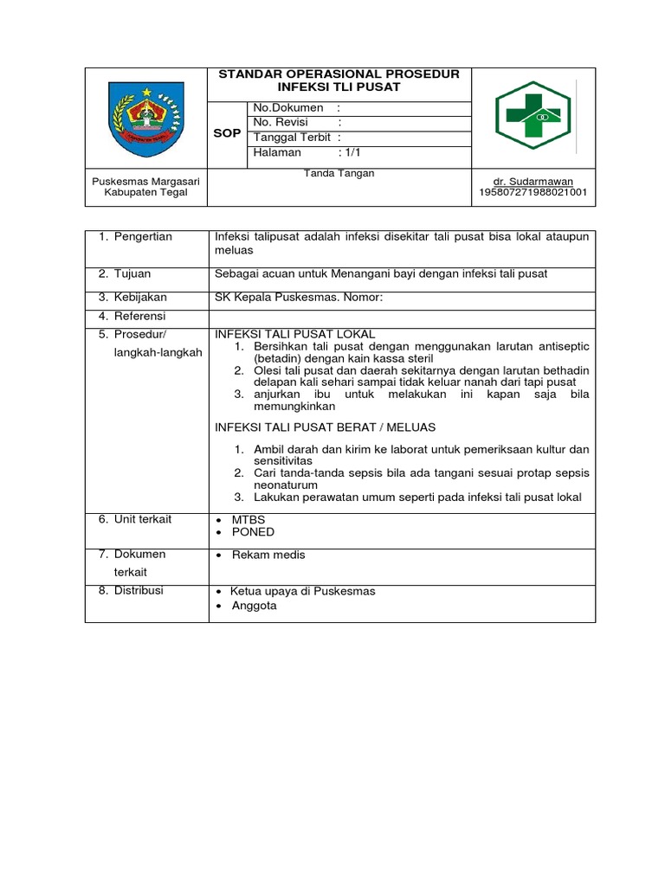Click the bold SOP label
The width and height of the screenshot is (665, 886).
pyautogui.click(x=227, y=134)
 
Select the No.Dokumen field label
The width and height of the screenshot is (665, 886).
pyautogui.click(x=288, y=107)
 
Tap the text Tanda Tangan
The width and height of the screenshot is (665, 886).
pyautogui.click(x=339, y=173)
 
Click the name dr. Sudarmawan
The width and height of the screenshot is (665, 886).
pyautogui.click(x=533, y=181)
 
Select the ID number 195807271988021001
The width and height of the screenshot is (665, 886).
pyautogui.click(x=533, y=192)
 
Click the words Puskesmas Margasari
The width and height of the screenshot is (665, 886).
pyautogui.click(x=146, y=181)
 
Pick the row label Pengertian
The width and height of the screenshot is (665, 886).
pyautogui.click(x=143, y=236)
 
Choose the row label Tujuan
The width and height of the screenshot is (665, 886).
pyautogui.click(x=132, y=274)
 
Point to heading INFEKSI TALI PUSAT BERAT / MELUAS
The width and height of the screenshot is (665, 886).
pyautogui.click(x=325, y=427)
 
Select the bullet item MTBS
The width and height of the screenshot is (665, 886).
pyautogui.click(x=248, y=520)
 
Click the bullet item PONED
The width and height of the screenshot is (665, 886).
pyautogui.click(x=252, y=532)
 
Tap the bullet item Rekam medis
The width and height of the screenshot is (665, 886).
pyautogui.click(x=267, y=555)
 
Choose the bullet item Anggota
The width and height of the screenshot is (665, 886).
pyautogui.click(x=253, y=607)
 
